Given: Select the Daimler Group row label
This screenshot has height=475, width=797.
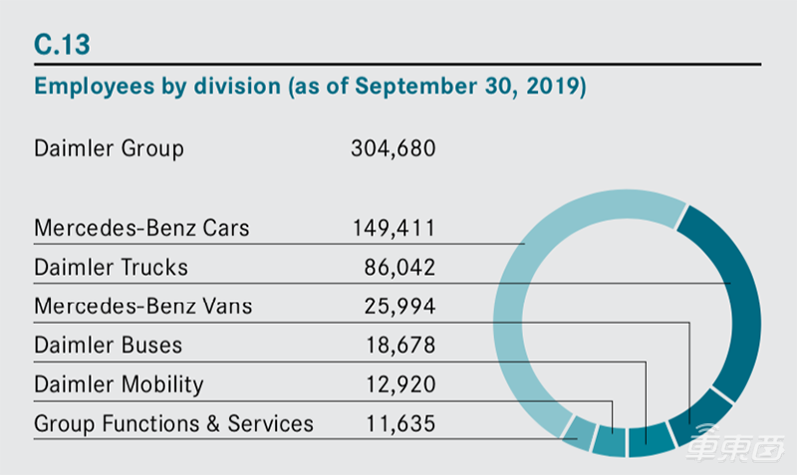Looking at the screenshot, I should pos(109,149).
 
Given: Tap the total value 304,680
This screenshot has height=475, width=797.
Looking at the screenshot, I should pos(393,149).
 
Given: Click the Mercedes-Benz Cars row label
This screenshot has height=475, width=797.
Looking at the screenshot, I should pos(141,228).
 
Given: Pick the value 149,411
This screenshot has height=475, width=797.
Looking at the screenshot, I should pos(393,228).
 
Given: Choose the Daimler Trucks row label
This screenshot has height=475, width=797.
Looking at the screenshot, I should pos(111,267).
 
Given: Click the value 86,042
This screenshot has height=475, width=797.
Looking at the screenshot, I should pos(399,267).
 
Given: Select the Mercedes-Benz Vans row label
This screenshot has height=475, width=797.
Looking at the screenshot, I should pos(142,306).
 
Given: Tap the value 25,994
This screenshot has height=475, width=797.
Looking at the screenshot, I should pos(399,306).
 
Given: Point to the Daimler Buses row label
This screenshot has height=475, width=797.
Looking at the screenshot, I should pos(108,345).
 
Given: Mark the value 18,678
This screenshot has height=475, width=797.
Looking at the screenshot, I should pos(399,345).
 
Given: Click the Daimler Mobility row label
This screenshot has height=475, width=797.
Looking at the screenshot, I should pos(119,383).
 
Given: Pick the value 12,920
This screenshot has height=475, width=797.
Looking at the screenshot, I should pos(399,383).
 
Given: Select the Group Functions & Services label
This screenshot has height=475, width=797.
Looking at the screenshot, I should pos(173,423).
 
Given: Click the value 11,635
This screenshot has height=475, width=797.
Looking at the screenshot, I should pos(399,423).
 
